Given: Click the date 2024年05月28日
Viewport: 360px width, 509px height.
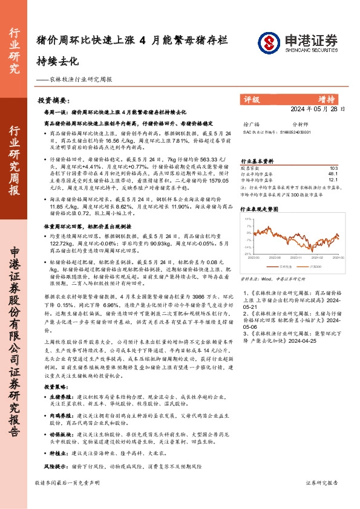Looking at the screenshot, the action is pyautogui.click(x=317, y=110).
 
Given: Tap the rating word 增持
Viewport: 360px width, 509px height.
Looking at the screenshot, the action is pyautogui.click(x=326, y=99).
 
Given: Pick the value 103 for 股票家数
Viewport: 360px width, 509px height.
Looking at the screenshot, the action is pyautogui.click(x=333, y=167).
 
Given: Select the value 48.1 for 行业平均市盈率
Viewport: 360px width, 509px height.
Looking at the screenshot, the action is pyautogui.click(x=333, y=173).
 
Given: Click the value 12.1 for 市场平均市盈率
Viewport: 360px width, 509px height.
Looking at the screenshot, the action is pyautogui.click(x=333, y=180).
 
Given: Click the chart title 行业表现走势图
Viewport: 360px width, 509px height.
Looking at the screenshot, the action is pyautogui.click(x=260, y=209).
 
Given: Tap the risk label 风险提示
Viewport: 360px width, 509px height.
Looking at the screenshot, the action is pyautogui.click(x=54, y=467).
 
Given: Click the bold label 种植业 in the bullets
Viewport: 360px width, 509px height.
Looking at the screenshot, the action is pyautogui.click(x=61, y=452).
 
